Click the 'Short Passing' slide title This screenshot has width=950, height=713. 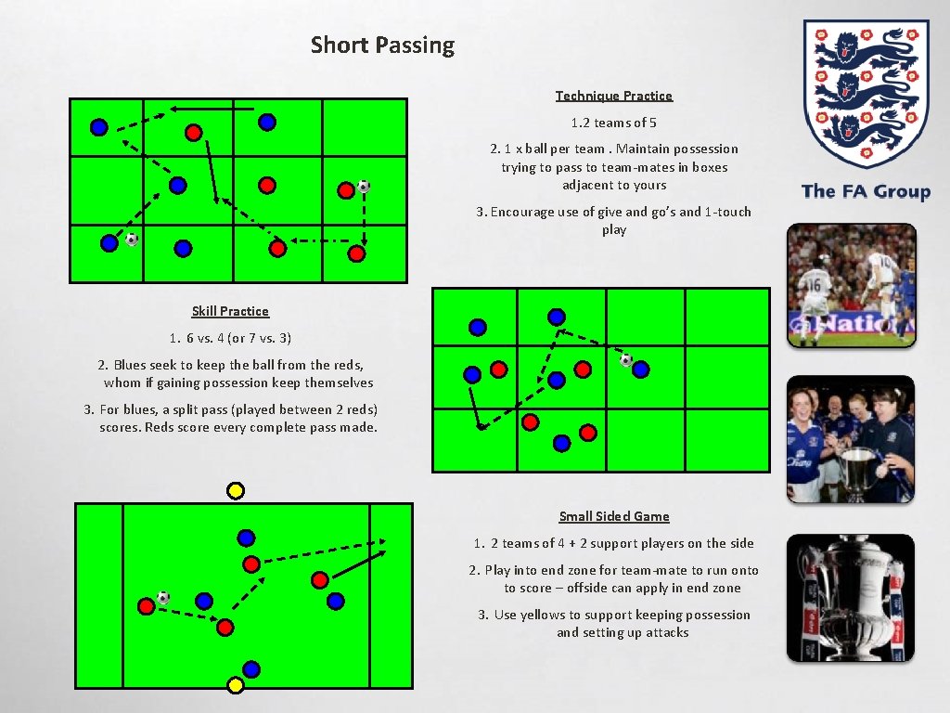382,45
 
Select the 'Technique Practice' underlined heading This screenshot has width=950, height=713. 613,96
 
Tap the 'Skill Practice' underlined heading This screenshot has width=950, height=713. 230,311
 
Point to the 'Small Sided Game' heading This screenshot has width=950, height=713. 613,516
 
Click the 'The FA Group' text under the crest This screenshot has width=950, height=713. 865,191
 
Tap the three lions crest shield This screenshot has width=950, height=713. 865,93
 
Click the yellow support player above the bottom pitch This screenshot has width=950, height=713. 236,490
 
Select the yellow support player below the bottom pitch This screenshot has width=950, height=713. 236,685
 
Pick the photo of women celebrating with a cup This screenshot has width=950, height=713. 850,438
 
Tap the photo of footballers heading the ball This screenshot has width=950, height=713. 851,285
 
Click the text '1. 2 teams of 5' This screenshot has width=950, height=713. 613,123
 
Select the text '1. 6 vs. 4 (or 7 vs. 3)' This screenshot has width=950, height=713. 230,338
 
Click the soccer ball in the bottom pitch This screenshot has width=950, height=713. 163,597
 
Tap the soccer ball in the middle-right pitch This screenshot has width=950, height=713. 626,360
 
